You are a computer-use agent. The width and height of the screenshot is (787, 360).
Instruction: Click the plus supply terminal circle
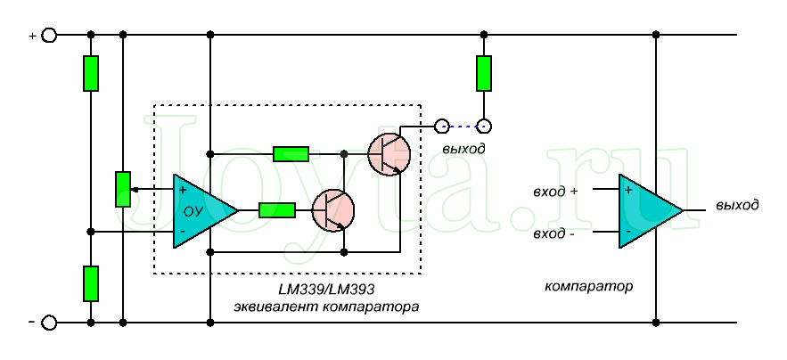50,35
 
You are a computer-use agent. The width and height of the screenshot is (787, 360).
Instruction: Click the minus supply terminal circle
50,322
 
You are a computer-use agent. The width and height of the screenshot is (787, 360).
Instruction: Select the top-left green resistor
91,73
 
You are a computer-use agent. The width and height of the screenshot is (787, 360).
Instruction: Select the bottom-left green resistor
91,283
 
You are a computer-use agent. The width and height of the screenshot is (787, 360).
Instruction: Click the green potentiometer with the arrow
123,189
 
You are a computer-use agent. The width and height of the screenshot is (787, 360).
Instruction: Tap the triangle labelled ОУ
201,211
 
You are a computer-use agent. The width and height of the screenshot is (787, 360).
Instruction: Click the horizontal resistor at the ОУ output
277,210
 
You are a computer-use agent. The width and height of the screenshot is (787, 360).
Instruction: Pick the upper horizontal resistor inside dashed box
291,153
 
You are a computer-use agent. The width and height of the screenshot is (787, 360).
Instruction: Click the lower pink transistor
332,211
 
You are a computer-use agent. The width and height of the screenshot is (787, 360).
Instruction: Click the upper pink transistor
389,153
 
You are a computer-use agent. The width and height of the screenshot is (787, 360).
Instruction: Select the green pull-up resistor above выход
483,73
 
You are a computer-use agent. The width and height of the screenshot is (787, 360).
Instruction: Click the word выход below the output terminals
463,148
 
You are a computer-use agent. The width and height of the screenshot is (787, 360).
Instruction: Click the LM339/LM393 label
326,290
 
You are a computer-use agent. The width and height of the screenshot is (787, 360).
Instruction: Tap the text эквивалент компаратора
326,307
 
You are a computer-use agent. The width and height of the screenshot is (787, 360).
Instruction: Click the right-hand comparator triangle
647,211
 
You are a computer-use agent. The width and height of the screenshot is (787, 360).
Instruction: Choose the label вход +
555,191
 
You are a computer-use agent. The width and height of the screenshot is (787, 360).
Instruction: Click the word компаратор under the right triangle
588,286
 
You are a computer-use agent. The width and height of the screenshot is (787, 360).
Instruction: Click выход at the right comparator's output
737,205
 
